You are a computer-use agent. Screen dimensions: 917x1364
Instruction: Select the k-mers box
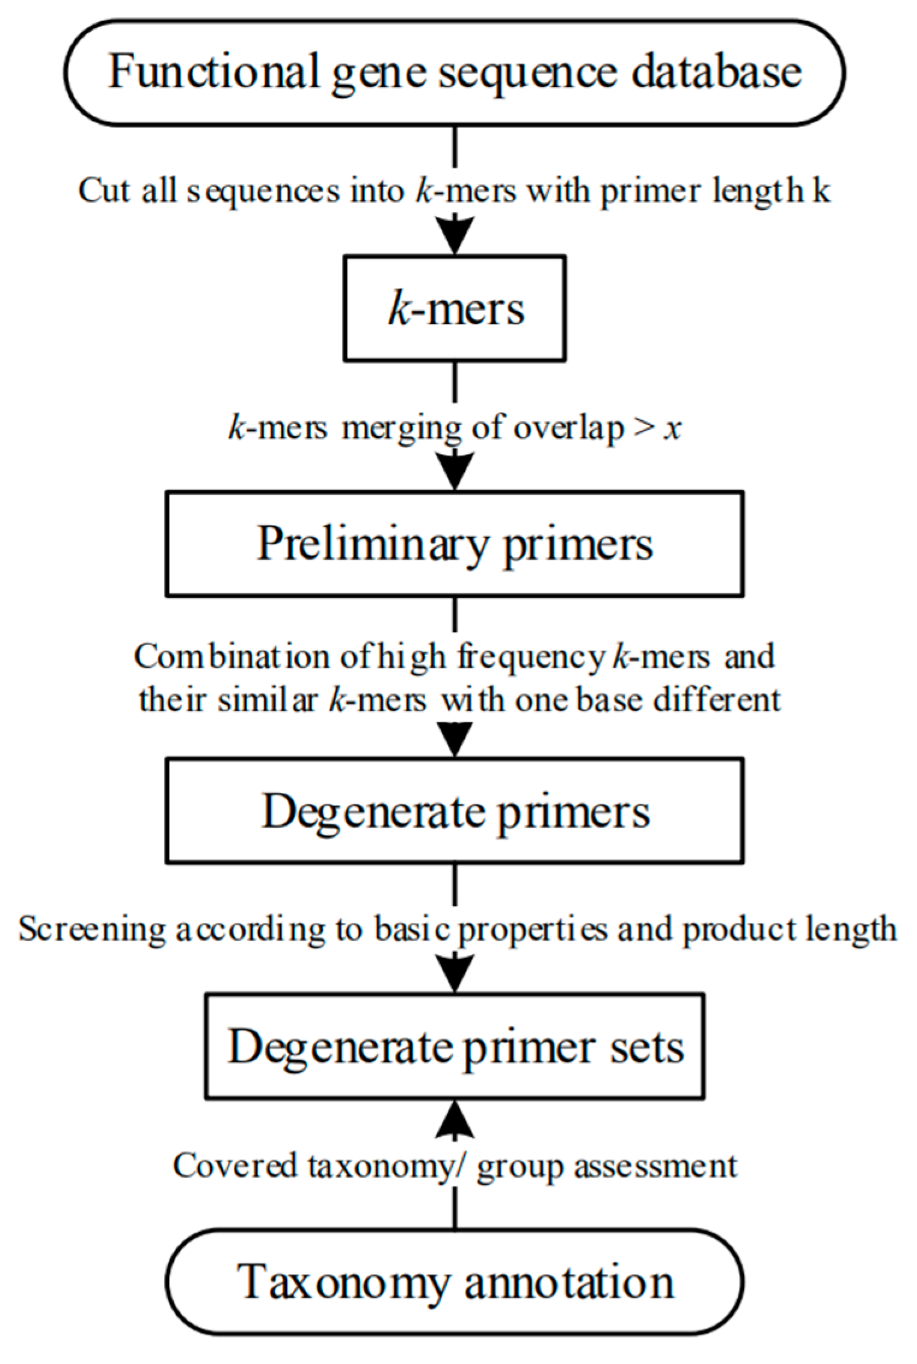pos(455,308)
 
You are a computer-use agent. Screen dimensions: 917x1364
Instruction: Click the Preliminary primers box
pos(455,543)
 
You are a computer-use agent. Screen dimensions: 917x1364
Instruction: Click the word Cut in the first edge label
pos(104,191)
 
